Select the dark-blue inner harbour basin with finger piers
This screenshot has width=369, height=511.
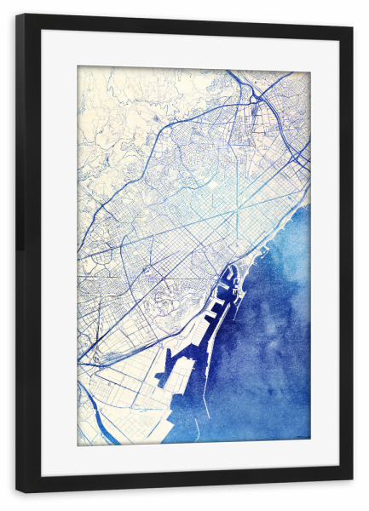(x=225, y=290)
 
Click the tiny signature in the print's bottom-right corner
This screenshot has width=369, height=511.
(x=300, y=439)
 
